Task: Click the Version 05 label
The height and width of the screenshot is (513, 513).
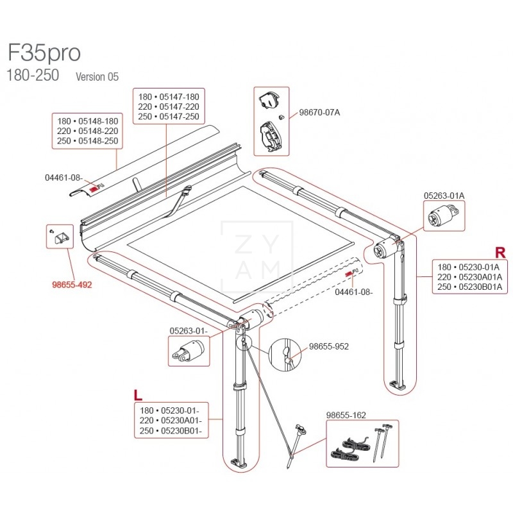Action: (x=97, y=76)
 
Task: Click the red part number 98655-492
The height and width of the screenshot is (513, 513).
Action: (x=72, y=285)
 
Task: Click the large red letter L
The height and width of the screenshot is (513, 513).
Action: (x=137, y=394)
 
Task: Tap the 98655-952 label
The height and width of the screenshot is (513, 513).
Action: (x=328, y=346)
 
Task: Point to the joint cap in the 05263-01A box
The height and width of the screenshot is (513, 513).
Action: (x=442, y=215)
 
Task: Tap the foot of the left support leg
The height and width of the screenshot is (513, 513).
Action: (x=237, y=463)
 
